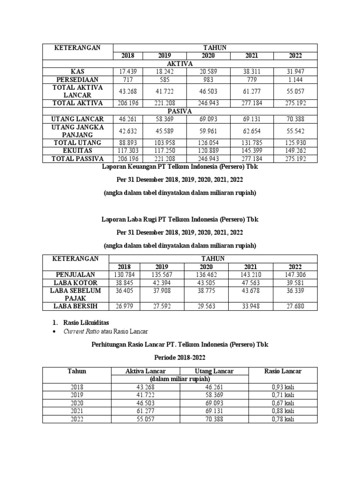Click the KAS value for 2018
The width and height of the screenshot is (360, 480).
[127, 71]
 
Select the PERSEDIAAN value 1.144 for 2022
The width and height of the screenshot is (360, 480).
[295, 79]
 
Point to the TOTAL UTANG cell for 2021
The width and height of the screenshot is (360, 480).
[252, 142]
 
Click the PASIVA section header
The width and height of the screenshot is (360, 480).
[180, 111]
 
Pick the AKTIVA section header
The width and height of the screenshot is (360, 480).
[180, 63]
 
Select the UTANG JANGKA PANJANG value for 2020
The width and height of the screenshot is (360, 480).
[208, 131]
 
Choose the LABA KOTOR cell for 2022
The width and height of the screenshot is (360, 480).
[295, 282]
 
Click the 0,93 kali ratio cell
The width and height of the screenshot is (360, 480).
[283, 387]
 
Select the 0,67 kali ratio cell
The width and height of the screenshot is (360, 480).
[283, 403]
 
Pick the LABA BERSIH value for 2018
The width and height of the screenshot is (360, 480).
[127, 306]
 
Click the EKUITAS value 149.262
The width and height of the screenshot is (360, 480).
[295, 150]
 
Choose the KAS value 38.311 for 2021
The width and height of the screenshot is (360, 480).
[252, 71]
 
